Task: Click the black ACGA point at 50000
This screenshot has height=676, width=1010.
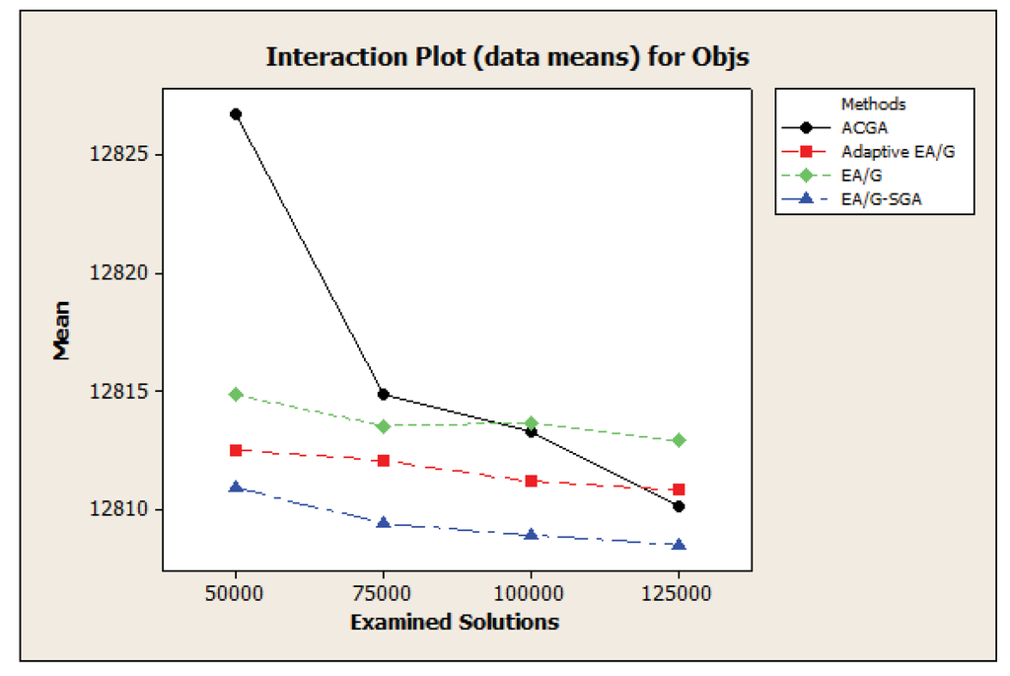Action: [x=236, y=114]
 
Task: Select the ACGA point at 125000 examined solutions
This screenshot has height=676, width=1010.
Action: [x=679, y=506]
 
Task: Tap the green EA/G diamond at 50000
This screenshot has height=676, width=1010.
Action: [x=236, y=394]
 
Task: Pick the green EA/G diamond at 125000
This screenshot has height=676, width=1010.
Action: [x=679, y=440]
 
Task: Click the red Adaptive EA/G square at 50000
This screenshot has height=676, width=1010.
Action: [x=236, y=450]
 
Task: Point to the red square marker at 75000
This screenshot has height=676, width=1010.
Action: [x=383, y=461]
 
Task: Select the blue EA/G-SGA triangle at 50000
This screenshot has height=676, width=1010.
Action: [x=236, y=487]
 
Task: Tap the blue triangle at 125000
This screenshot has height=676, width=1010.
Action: [x=679, y=545]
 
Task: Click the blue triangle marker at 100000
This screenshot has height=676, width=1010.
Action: [x=531, y=535]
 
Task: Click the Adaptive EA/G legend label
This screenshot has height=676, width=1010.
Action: [x=899, y=152]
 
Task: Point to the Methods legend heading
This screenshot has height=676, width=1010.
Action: [x=873, y=104]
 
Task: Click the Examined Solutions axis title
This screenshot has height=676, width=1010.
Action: [x=454, y=622]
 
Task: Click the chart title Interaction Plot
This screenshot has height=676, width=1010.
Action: [x=507, y=57]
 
